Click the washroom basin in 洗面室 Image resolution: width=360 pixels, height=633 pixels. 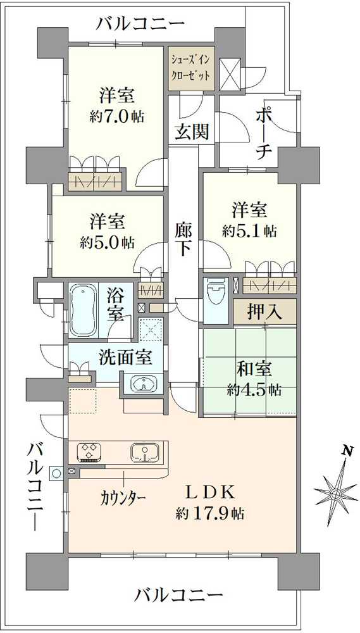point(145,384)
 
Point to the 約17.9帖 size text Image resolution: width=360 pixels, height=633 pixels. point(211,513)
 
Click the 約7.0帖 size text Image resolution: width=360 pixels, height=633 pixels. point(115,117)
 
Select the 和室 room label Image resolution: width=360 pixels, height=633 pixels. point(254,368)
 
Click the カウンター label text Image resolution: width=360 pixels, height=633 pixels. point(123,496)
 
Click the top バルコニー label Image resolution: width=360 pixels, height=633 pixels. point(140,24)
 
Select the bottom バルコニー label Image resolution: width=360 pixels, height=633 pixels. point(179,595)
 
